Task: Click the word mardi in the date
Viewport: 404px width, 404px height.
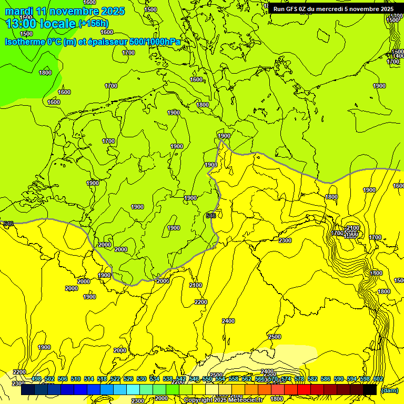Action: click(x=19, y=11)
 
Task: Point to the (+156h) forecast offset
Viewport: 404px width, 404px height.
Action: click(x=93, y=24)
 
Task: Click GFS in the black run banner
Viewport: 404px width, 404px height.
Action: click(x=294, y=8)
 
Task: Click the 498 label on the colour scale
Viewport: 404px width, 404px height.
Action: click(x=36, y=379)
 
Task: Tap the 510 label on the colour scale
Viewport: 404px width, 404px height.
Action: click(x=76, y=379)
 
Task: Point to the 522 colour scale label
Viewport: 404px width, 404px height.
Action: click(x=115, y=379)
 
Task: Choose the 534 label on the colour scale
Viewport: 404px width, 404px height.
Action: click(x=155, y=379)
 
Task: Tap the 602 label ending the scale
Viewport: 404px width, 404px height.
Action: click(x=378, y=379)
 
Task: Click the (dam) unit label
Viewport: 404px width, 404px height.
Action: click(x=389, y=390)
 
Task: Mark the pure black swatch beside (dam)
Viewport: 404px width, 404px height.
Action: click(x=370, y=390)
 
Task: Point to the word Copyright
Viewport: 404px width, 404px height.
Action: click(x=200, y=400)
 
